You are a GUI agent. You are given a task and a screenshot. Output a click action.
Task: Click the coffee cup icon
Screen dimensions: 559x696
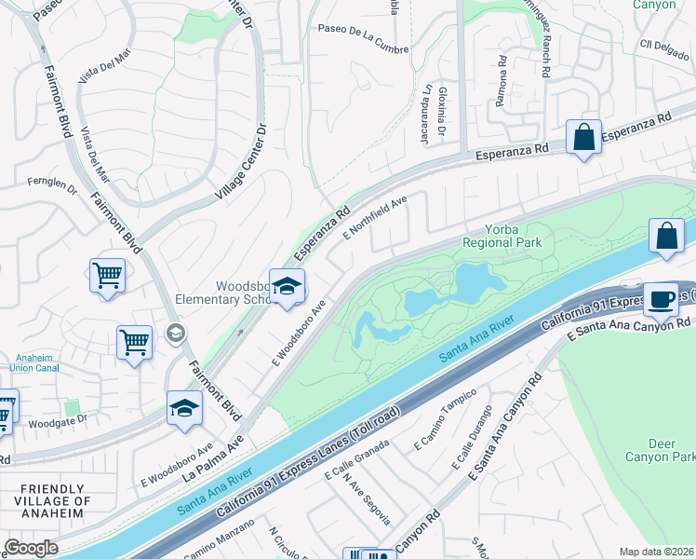click(661, 298)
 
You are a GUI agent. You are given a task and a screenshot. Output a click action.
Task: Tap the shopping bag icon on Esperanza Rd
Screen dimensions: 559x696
click(583, 138)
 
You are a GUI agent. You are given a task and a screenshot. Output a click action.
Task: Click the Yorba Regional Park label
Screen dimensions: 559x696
click(502, 236)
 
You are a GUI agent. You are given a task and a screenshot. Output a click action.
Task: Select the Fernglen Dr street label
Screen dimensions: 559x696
click(52, 184)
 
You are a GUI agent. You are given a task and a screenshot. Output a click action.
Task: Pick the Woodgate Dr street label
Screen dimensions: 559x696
click(58, 419)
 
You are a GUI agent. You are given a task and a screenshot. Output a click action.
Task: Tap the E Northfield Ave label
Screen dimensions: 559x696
click(376, 217)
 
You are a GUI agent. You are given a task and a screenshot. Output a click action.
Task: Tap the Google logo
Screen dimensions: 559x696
click(31, 548)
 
